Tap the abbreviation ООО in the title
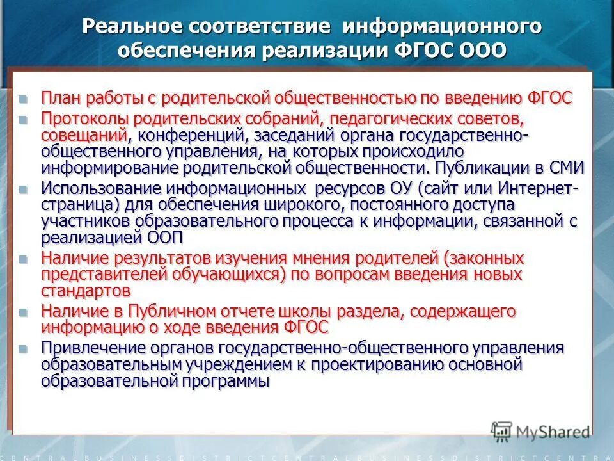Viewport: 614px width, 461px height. coord(480,51)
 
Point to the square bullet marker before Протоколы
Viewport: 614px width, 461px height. coord(24,120)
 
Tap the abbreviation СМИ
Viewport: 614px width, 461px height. coord(567,168)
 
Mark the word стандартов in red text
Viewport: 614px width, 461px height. coord(86,291)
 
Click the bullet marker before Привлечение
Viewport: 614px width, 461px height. coord(24,349)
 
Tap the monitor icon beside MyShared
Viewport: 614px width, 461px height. coord(501,431)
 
